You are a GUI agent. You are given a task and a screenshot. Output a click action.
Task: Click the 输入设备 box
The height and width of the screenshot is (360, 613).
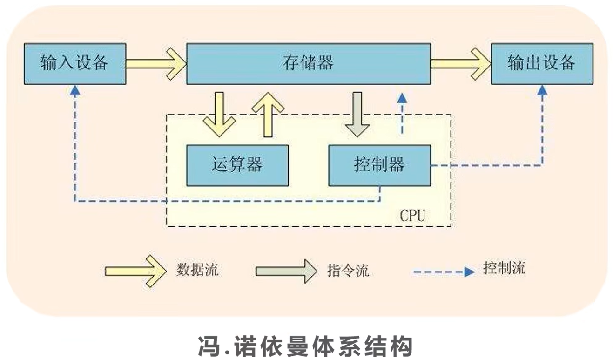coord(74,64)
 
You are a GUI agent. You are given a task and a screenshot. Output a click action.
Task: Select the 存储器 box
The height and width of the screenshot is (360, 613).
coord(308,64)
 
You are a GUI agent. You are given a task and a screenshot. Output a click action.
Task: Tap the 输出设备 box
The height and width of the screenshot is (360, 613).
coord(542,64)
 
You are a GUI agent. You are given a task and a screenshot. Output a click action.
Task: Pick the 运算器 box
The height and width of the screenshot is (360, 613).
coord(237,165)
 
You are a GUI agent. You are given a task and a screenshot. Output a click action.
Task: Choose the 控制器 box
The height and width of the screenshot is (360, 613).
coord(379,165)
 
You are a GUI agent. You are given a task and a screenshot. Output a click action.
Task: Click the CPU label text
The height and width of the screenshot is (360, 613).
coord(412,215)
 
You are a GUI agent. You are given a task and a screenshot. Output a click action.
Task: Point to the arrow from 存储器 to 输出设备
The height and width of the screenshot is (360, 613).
coord(460,64)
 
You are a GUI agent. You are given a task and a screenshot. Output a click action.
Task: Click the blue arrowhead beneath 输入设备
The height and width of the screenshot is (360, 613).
coord(75,91)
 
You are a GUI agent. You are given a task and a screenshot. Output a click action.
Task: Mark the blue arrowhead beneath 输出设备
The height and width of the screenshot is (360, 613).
coord(542,91)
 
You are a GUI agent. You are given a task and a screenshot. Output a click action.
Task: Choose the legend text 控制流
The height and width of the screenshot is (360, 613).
coord(505,268)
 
